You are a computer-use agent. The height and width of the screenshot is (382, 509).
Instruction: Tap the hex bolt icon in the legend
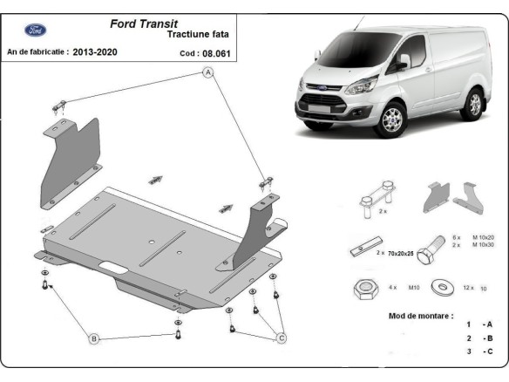tap(425, 253)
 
